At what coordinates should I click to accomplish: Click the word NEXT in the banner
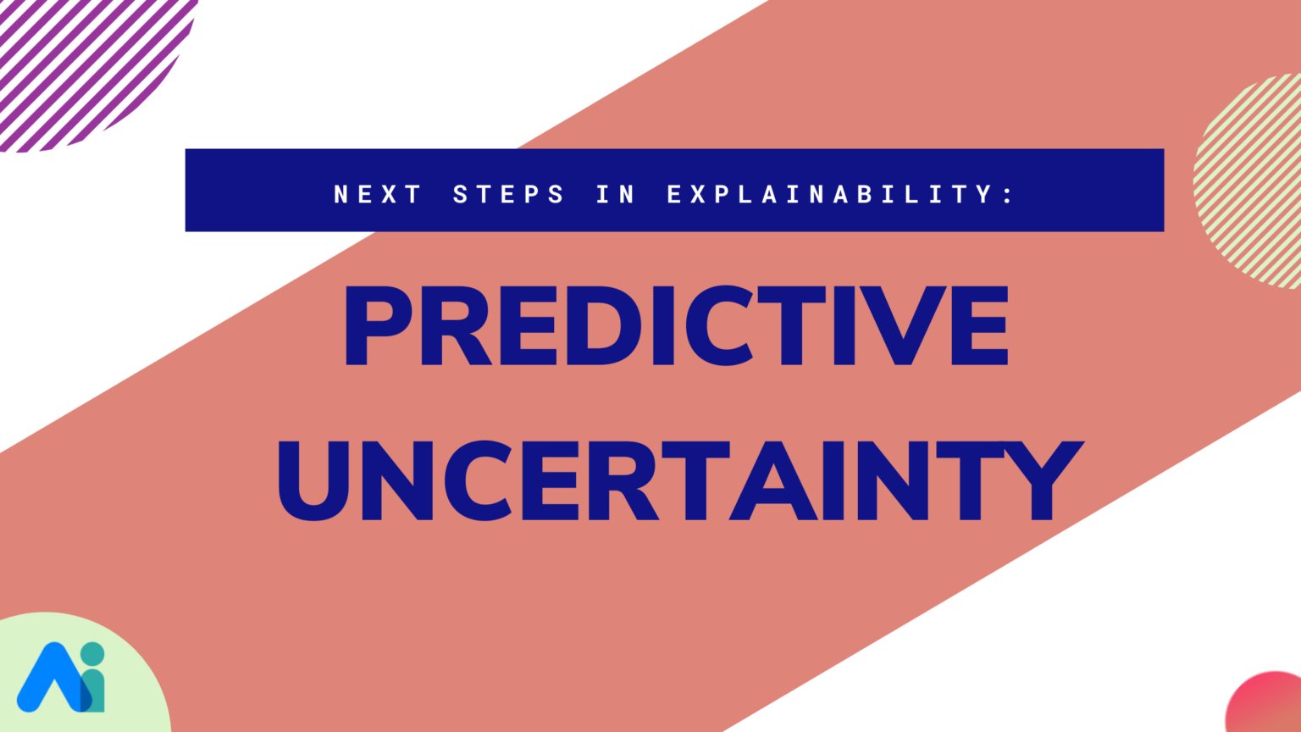pos(378,194)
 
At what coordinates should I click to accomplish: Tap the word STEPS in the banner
pos(508,194)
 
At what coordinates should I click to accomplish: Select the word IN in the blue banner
pos(616,194)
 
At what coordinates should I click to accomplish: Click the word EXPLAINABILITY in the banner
pos(829,194)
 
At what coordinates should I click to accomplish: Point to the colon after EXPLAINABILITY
pos(1008,195)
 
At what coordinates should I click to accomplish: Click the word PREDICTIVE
pos(677,325)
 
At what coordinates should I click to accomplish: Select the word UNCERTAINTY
pos(681,480)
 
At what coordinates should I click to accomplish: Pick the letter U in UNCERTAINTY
pos(313,481)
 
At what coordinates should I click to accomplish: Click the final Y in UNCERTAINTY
pos(1043,480)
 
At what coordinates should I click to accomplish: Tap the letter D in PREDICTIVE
pos(601,325)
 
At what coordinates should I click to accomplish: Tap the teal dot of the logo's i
pos(92,653)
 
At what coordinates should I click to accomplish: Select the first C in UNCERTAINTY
pos(478,480)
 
